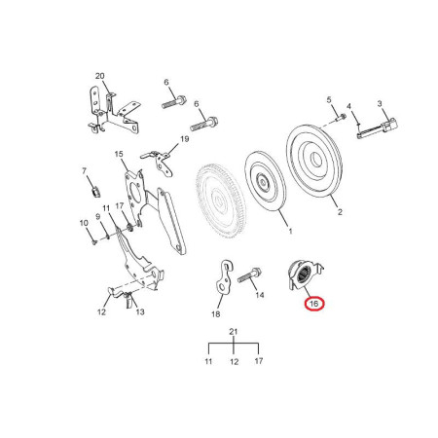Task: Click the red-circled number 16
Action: (314, 304)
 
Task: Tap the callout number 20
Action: (100, 76)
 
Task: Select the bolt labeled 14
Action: (249, 274)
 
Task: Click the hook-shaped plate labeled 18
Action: (224, 276)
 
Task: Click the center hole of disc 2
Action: (315, 161)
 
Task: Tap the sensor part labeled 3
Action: (378, 128)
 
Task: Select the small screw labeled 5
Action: (340, 117)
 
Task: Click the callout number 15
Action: (119, 154)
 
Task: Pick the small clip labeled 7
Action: (95, 192)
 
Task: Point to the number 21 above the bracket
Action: (234, 332)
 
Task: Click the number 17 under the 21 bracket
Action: (259, 361)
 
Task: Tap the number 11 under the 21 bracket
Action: (208, 361)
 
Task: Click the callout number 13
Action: (140, 311)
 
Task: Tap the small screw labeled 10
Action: (94, 242)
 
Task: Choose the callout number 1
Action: (290, 232)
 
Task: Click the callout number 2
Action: (340, 212)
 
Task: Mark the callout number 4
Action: (349, 106)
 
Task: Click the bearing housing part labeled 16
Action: (305, 274)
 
